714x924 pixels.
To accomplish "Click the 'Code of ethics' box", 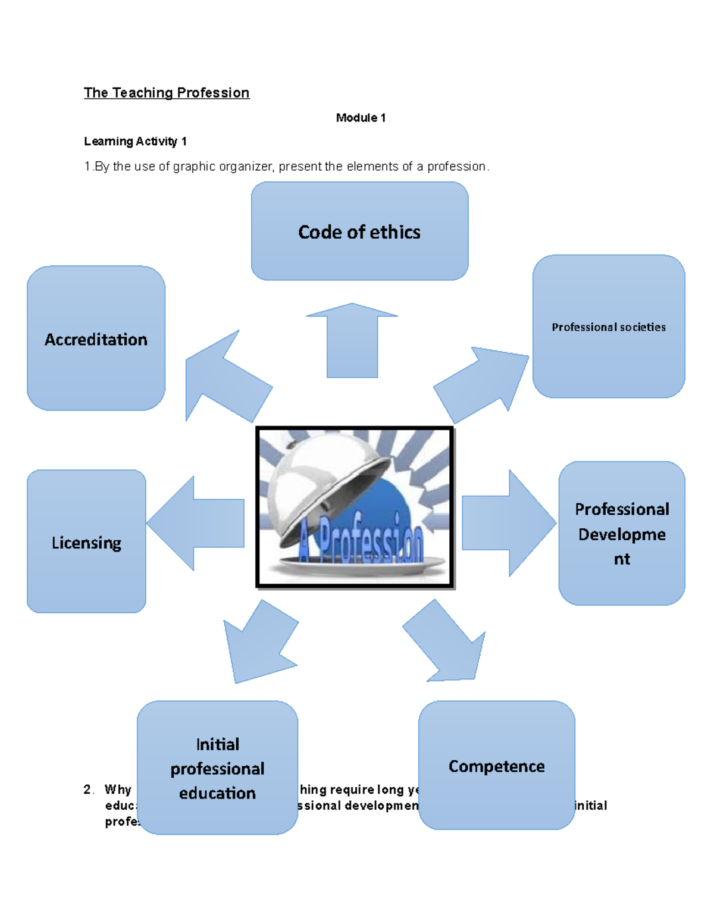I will point(359,231).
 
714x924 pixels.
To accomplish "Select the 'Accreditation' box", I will point(96,339).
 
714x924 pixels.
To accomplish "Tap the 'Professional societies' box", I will point(608,327).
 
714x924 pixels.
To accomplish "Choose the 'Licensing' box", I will point(86,542).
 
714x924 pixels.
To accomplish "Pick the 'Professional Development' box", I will point(621,534).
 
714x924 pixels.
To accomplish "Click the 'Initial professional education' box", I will point(217,768).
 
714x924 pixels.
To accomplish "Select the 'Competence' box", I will point(496,766).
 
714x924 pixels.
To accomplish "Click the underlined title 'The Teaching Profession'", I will point(167,93).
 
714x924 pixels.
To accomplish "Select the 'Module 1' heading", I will point(361,118).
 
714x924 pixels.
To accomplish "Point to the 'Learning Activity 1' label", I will point(135,142).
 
